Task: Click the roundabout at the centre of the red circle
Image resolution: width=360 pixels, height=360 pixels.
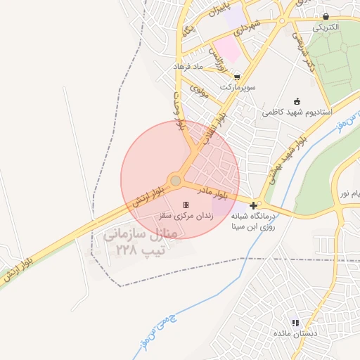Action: (176, 181)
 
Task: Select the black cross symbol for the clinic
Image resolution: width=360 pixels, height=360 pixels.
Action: (253, 204)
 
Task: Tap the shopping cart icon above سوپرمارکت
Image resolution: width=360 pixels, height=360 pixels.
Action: (237, 77)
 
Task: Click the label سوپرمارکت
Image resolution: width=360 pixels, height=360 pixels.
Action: (237, 87)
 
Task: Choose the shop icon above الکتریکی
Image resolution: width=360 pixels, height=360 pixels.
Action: (326, 16)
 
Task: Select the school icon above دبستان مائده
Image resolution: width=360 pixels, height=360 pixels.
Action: (295, 323)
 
